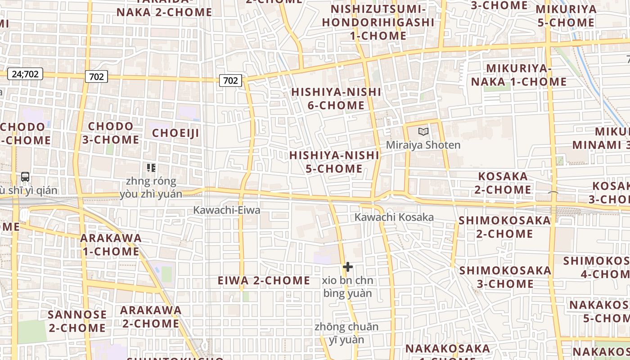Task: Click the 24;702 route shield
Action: point(25,74)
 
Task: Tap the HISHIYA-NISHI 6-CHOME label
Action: point(336,99)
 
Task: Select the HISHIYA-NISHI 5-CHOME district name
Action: point(334,162)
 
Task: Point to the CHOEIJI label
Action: point(175,133)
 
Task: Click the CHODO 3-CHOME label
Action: point(111,133)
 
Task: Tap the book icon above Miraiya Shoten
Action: point(423,131)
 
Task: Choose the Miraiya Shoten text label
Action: point(423,145)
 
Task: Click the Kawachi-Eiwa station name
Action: point(227,210)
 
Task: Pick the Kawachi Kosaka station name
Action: point(394,217)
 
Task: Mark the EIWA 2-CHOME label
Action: point(264,281)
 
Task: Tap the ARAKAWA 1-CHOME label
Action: point(111,244)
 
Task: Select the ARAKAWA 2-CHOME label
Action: point(151,317)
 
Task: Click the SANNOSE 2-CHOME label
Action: point(77,321)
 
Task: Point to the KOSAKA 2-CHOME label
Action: point(503,183)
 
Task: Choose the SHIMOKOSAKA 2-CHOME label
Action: point(504,227)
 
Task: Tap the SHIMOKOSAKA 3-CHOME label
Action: point(505,277)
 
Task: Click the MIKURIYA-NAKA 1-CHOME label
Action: point(519,75)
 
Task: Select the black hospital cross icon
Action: point(347,267)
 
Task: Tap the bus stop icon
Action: point(25,177)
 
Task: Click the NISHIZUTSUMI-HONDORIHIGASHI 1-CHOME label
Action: point(378,22)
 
